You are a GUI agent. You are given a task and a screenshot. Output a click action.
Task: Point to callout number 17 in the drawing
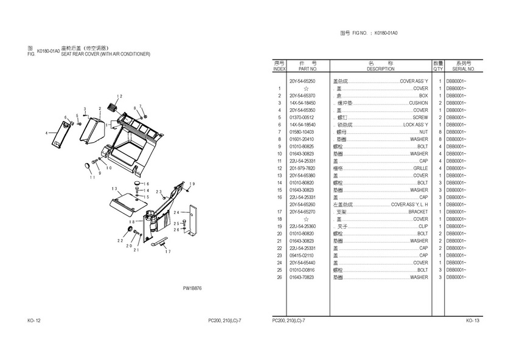point(168,251)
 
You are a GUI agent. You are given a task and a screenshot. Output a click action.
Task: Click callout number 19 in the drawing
point(192,184)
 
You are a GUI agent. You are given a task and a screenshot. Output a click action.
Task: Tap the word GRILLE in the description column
point(420,168)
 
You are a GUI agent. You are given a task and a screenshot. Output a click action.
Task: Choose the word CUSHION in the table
point(418,103)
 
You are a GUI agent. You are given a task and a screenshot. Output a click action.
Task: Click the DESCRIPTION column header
point(381,69)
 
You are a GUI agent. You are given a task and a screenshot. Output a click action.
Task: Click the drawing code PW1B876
point(192,288)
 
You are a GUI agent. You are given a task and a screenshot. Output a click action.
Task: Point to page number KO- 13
point(473,320)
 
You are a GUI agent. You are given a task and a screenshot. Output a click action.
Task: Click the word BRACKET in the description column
point(419,212)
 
